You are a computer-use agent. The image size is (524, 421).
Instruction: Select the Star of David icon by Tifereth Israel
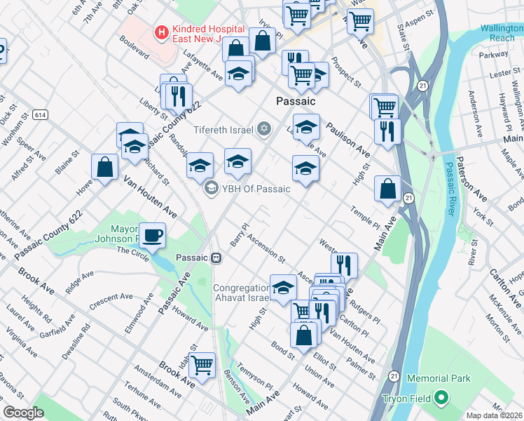pos(264,128)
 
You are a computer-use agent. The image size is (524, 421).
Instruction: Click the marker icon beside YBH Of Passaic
pos(210,188)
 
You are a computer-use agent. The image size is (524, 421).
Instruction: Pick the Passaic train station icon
pos(217,258)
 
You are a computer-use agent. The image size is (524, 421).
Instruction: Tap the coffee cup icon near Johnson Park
pos(152,236)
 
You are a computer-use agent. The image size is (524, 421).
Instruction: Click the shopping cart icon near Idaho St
pos(202,364)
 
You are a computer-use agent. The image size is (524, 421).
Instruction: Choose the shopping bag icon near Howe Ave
pos(104,167)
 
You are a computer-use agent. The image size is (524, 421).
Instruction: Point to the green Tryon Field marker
pos(441,399)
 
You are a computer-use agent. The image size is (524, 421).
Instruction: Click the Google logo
pos(23,413)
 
